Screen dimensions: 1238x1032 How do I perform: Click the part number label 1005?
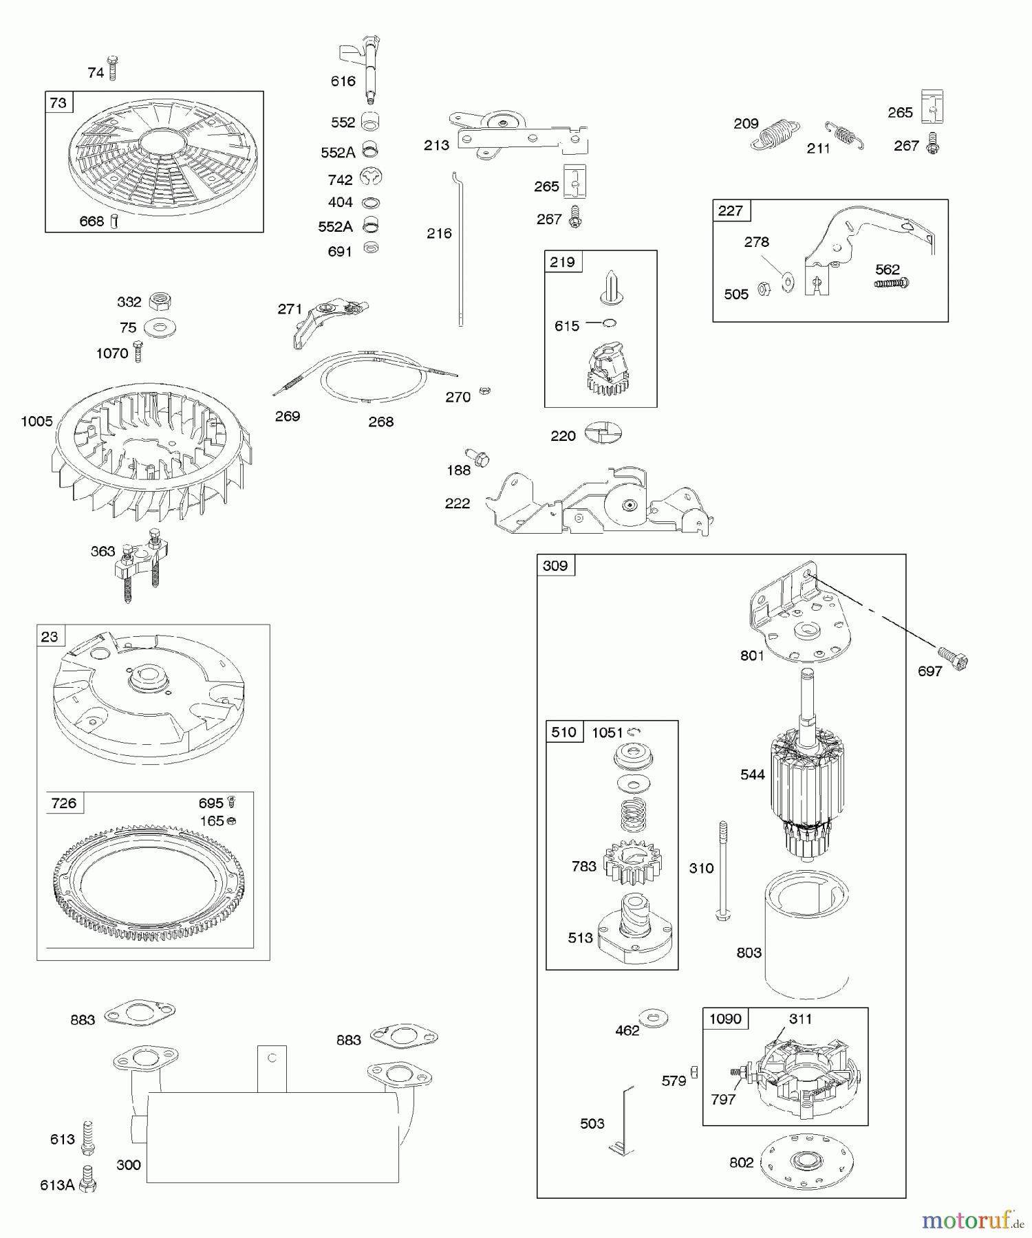(x=36, y=421)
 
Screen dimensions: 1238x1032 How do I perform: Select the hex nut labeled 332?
(x=160, y=301)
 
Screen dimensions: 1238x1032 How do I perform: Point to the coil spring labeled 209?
(x=775, y=135)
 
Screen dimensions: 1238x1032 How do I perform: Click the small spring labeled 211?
(x=845, y=135)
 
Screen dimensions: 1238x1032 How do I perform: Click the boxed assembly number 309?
(x=555, y=565)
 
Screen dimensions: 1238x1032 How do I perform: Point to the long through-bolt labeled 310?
(x=722, y=870)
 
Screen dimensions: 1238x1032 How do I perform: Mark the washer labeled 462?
(x=653, y=1017)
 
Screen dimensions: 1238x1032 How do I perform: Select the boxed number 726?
(x=64, y=803)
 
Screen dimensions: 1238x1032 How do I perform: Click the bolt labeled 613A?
(x=87, y=1178)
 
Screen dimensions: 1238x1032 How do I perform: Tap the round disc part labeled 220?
(x=603, y=433)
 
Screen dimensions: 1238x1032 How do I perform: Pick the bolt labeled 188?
(x=476, y=456)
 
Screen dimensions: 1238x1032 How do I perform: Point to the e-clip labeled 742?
(x=371, y=177)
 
